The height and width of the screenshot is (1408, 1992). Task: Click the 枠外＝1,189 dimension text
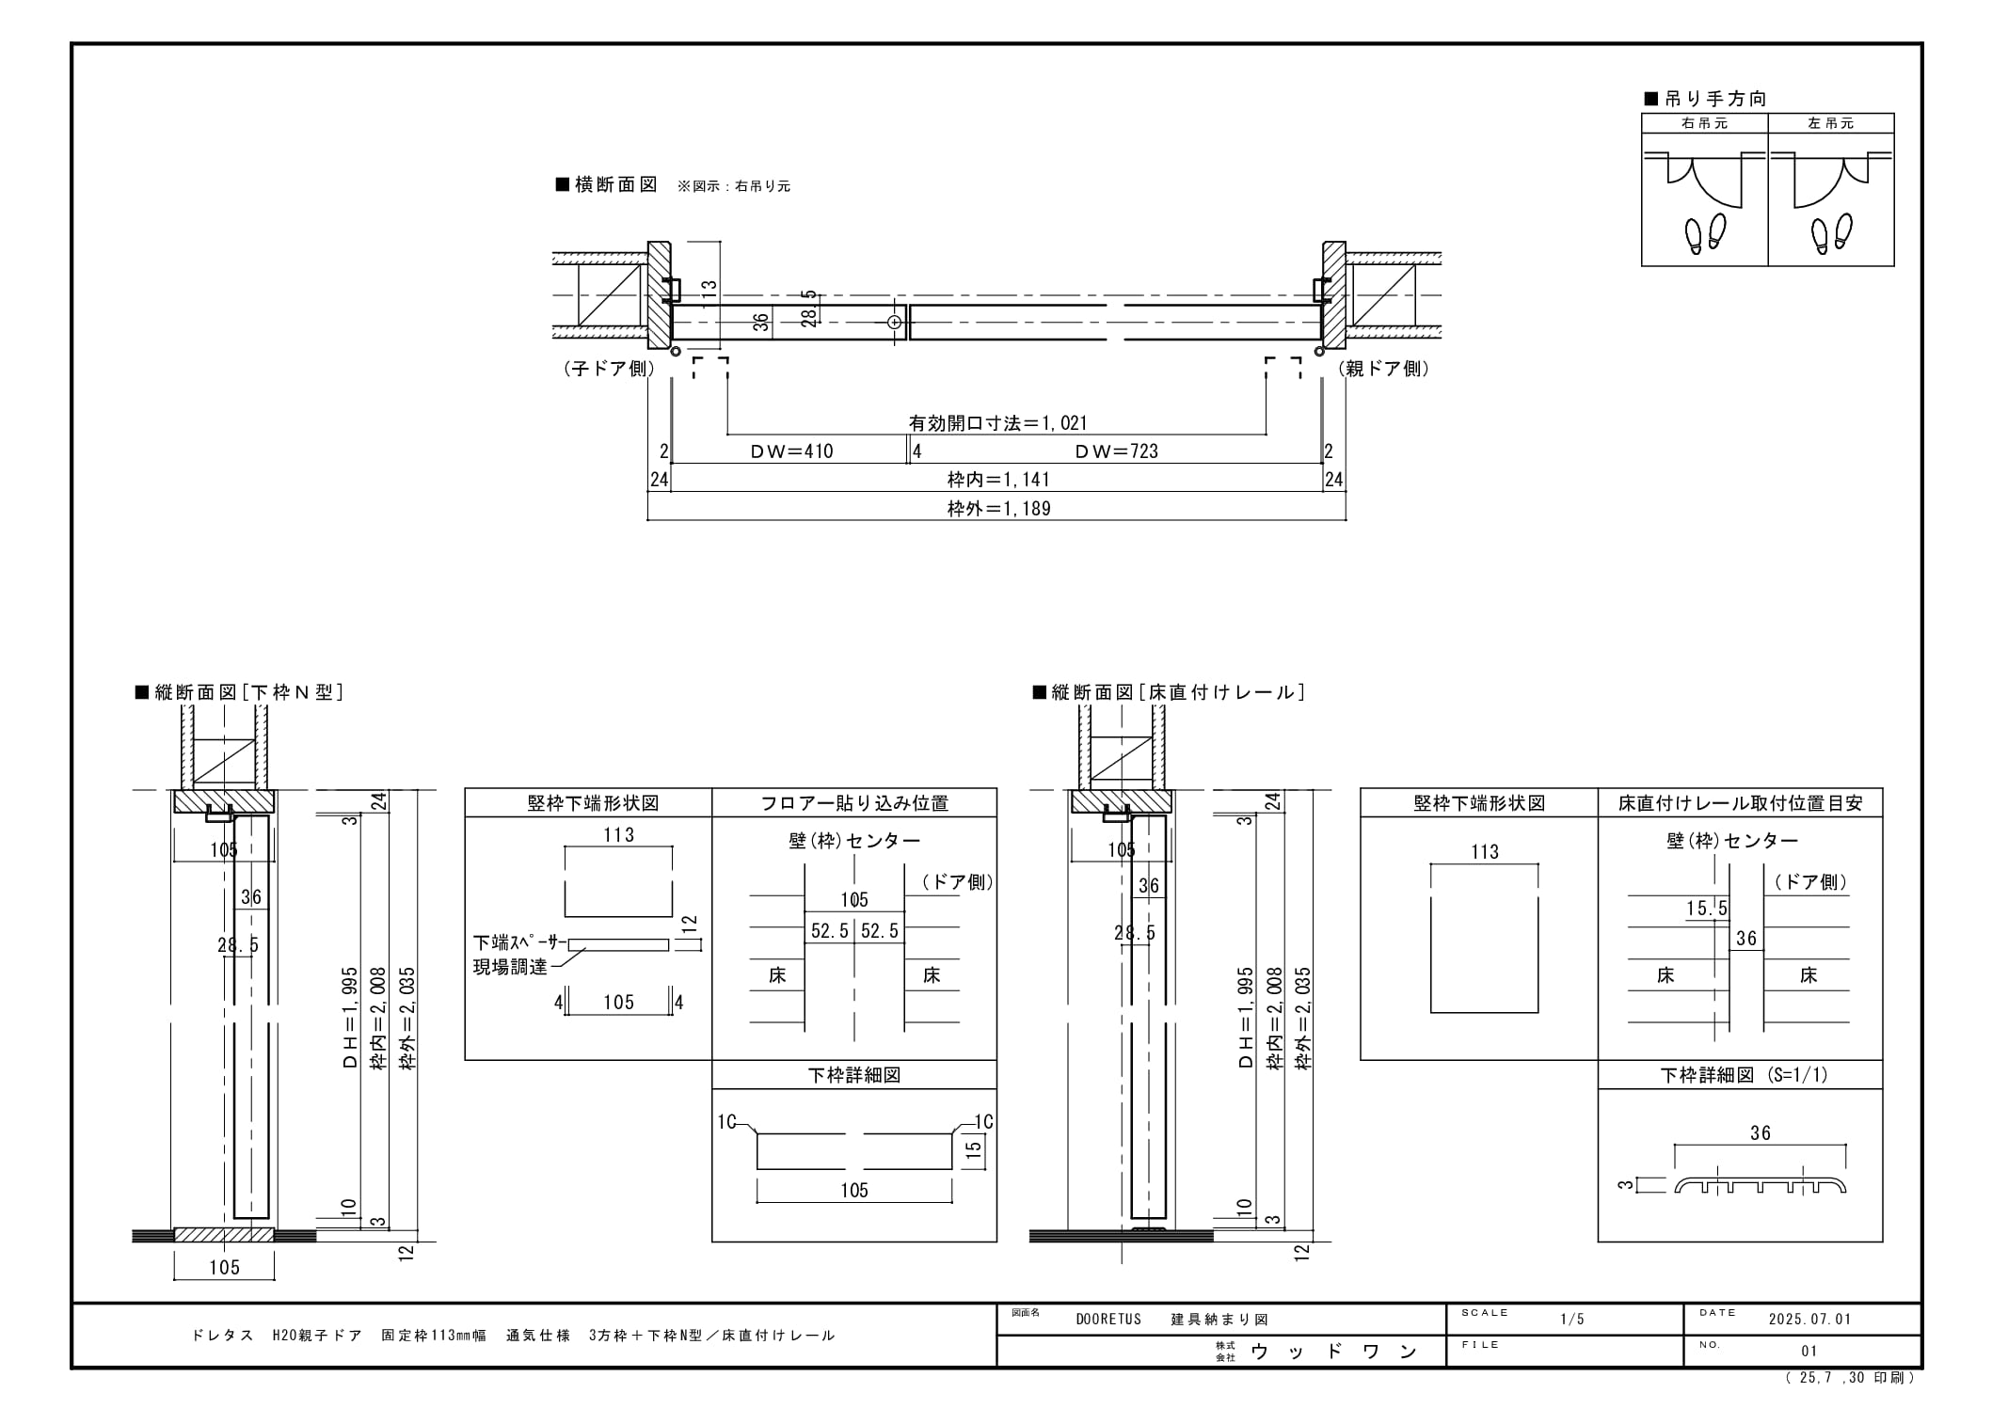click(x=998, y=509)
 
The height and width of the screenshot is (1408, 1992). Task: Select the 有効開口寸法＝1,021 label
click(x=997, y=423)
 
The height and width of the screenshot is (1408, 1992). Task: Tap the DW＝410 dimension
click(x=791, y=451)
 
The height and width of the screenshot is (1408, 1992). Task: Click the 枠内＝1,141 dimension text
click(x=998, y=480)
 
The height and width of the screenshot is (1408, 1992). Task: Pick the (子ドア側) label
click(x=609, y=369)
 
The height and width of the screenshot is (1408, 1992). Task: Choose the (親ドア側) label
click(x=1384, y=369)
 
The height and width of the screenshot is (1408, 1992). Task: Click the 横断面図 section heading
click(x=607, y=184)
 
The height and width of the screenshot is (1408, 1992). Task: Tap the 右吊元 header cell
click(x=1704, y=123)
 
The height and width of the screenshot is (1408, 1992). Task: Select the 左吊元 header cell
click(x=1830, y=123)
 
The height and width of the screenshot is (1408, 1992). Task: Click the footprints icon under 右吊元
click(x=1705, y=233)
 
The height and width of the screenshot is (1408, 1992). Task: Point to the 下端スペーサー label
click(x=519, y=942)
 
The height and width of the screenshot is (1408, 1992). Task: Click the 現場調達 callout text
click(x=509, y=967)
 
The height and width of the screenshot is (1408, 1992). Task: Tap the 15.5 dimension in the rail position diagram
click(x=1707, y=909)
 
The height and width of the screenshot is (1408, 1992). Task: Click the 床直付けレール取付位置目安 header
click(x=1740, y=803)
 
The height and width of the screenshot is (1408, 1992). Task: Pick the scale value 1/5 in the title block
click(x=1571, y=1319)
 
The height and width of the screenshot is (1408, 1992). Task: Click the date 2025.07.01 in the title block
click(x=1809, y=1319)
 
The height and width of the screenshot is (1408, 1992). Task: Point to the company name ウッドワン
click(x=1333, y=1352)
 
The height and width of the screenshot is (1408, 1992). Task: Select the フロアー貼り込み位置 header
click(x=853, y=803)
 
